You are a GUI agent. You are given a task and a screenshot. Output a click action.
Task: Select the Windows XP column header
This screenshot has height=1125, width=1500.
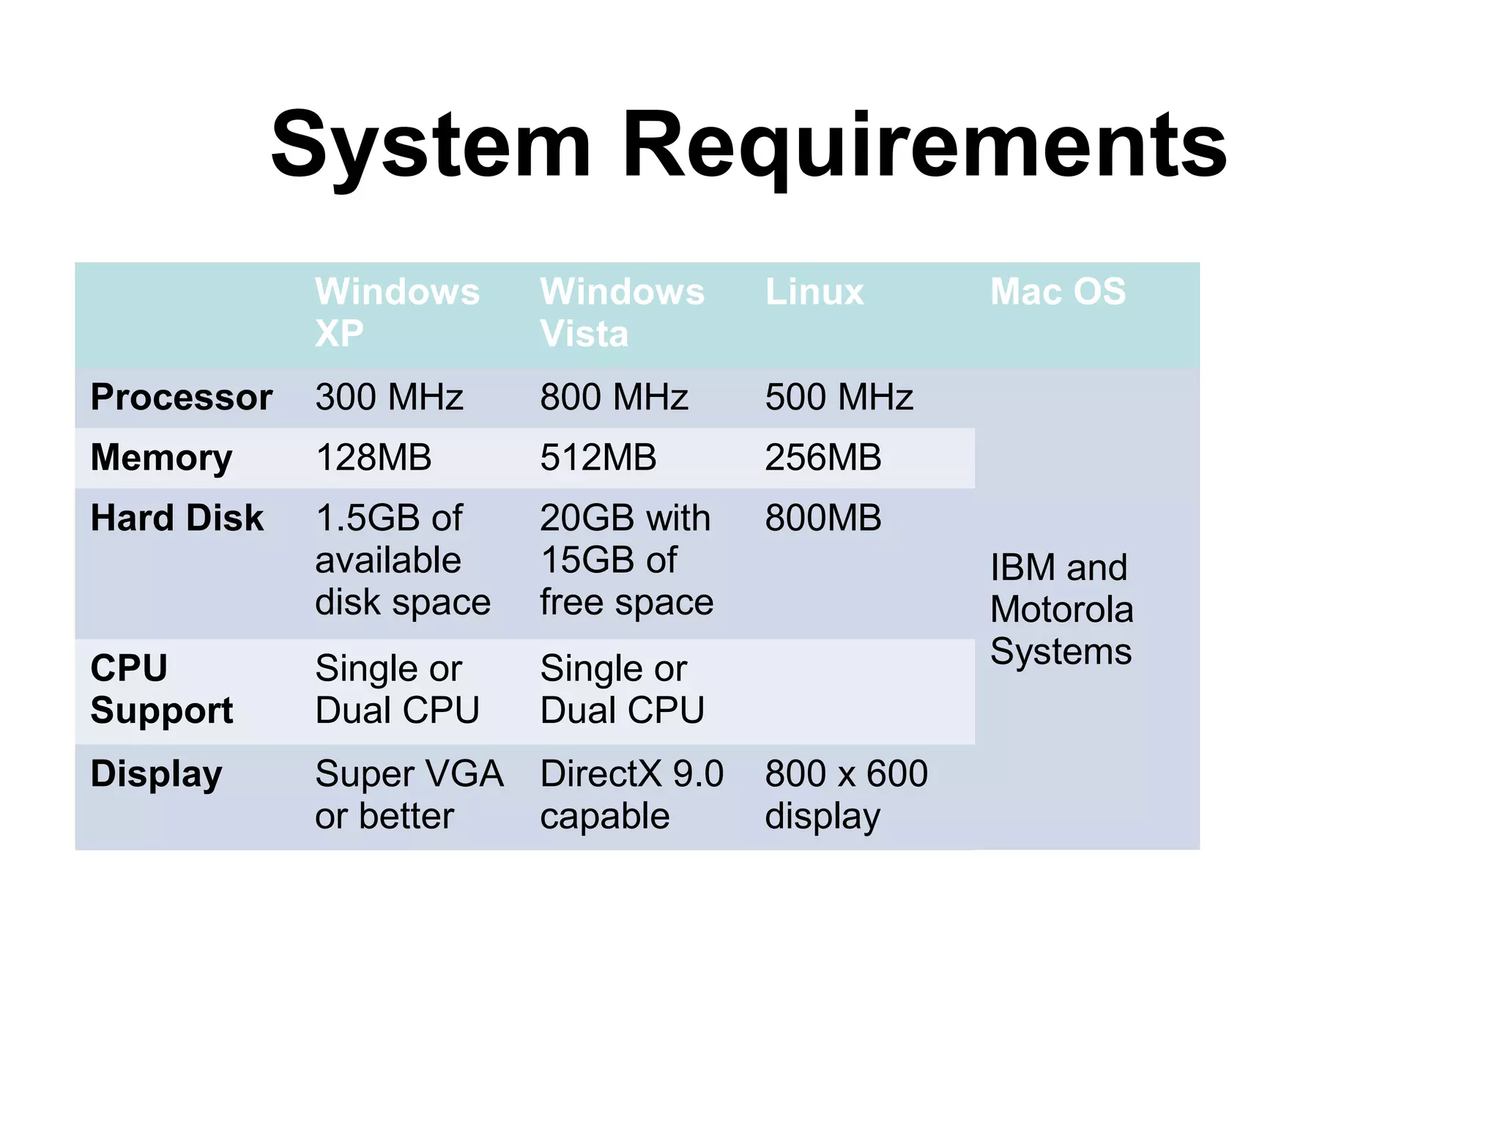coord(397,313)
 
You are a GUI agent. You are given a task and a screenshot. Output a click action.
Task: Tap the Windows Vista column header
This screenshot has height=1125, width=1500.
coord(622,313)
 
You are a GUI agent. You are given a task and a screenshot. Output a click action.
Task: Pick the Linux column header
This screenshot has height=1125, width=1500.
coord(814,292)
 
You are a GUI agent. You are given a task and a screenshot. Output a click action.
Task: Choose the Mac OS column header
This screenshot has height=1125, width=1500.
coord(1058,292)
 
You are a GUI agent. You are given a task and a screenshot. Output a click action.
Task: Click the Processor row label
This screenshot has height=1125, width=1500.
coord(182,398)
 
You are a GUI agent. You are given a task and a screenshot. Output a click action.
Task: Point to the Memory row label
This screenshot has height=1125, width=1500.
coord(161,458)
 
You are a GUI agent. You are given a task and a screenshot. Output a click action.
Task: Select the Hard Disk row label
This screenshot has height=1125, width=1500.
coord(177,519)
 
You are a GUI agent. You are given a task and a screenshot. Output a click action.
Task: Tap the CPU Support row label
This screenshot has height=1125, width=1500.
coord(161,689)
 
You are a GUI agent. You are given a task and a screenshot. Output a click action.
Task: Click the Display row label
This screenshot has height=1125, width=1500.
coord(156,774)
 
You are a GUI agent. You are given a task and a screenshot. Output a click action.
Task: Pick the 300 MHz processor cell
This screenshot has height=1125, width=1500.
coord(389,398)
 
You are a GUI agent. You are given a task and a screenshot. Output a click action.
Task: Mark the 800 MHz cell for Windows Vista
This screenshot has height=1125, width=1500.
coord(614,398)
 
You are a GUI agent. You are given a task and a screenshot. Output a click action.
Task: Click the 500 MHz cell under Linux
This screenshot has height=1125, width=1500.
coord(839,398)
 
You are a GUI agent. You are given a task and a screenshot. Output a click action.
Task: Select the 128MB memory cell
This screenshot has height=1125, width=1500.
coord(374,458)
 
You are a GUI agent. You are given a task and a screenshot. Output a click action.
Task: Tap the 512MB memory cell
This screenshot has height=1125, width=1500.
coord(598,458)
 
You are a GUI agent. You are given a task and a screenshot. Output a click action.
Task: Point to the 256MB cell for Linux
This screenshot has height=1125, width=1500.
coord(823,458)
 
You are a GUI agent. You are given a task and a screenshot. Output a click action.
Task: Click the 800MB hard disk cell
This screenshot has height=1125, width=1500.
coord(823,519)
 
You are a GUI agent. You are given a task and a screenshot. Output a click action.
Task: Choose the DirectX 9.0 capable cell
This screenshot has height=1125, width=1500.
coord(631,795)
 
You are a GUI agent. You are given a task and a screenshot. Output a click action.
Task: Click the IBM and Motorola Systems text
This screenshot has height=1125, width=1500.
coord(1061,609)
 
